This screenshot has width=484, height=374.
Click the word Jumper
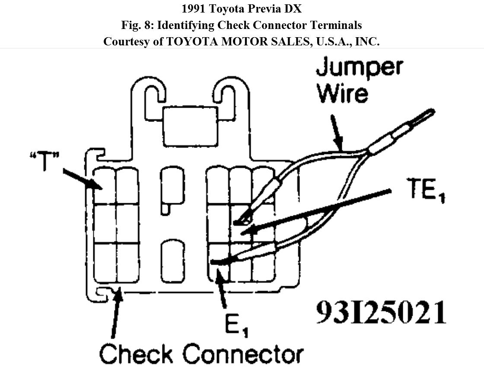[x=359, y=68]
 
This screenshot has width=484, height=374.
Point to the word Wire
[x=343, y=93]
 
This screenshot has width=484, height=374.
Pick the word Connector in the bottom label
[x=242, y=355]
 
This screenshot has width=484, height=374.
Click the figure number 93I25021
[x=380, y=312]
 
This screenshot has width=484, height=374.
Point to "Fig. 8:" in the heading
[x=138, y=26]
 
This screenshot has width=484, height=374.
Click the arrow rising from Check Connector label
[x=116, y=313]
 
